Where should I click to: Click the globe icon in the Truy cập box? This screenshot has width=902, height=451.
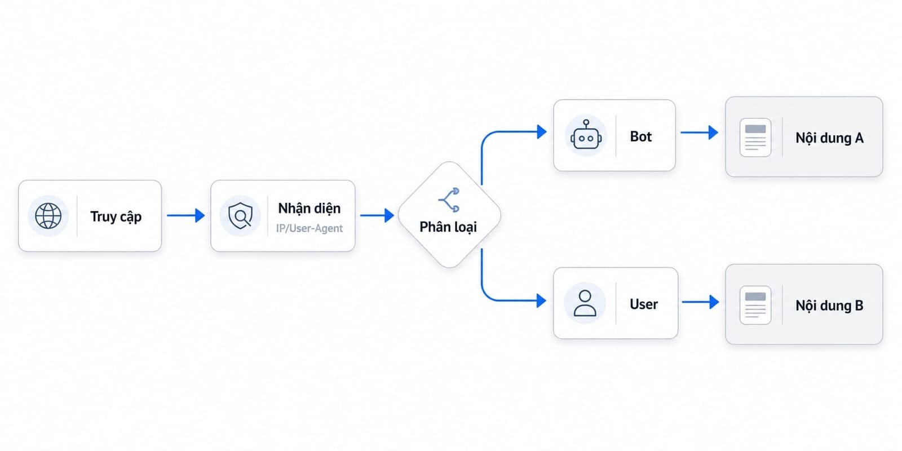point(48,216)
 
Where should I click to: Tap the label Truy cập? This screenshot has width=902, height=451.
point(116,216)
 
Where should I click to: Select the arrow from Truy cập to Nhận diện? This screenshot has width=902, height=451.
point(185,215)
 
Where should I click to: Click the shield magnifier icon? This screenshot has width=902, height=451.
point(240,216)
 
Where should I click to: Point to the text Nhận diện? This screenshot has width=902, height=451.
point(309,208)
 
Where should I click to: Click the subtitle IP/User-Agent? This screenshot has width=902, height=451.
point(309,228)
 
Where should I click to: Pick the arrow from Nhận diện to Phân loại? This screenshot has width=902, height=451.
point(377,215)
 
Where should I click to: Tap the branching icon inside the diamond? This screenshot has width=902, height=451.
point(449,200)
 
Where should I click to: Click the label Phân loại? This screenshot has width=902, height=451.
point(448,227)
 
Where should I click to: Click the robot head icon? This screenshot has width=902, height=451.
point(586,135)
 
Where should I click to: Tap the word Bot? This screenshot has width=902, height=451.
point(640,136)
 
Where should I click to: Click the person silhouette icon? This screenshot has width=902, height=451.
point(585,303)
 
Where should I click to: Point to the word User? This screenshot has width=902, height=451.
point(643,304)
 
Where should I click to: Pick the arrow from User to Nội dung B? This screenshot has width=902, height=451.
point(700,302)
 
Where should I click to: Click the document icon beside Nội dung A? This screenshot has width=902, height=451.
point(755,138)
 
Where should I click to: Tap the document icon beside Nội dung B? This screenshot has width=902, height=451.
point(755,305)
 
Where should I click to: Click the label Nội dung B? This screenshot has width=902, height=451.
point(829,306)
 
